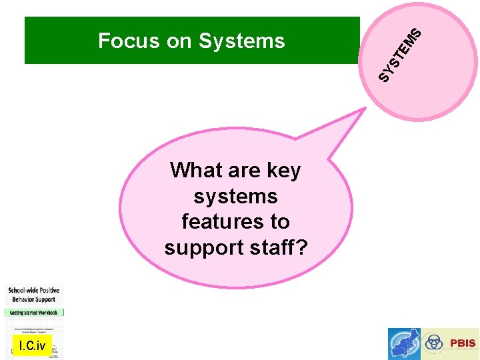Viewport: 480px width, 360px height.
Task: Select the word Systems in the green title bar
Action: [x=242, y=41]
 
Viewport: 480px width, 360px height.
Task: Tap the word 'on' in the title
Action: [x=179, y=41]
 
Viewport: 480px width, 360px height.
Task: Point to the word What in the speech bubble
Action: [x=197, y=171]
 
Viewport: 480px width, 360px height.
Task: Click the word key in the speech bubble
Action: [x=283, y=171]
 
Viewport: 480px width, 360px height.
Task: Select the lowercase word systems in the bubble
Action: [x=235, y=197]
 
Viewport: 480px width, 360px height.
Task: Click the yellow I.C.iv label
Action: [x=32, y=345]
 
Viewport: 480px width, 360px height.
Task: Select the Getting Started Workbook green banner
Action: [x=34, y=312]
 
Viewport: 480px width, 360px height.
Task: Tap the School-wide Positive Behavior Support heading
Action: [x=34, y=295]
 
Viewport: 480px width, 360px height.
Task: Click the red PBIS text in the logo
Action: [x=463, y=343]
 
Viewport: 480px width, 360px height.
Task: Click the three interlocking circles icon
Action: [x=434, y=343]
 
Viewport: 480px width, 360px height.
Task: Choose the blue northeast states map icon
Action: [x=405, y=344]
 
